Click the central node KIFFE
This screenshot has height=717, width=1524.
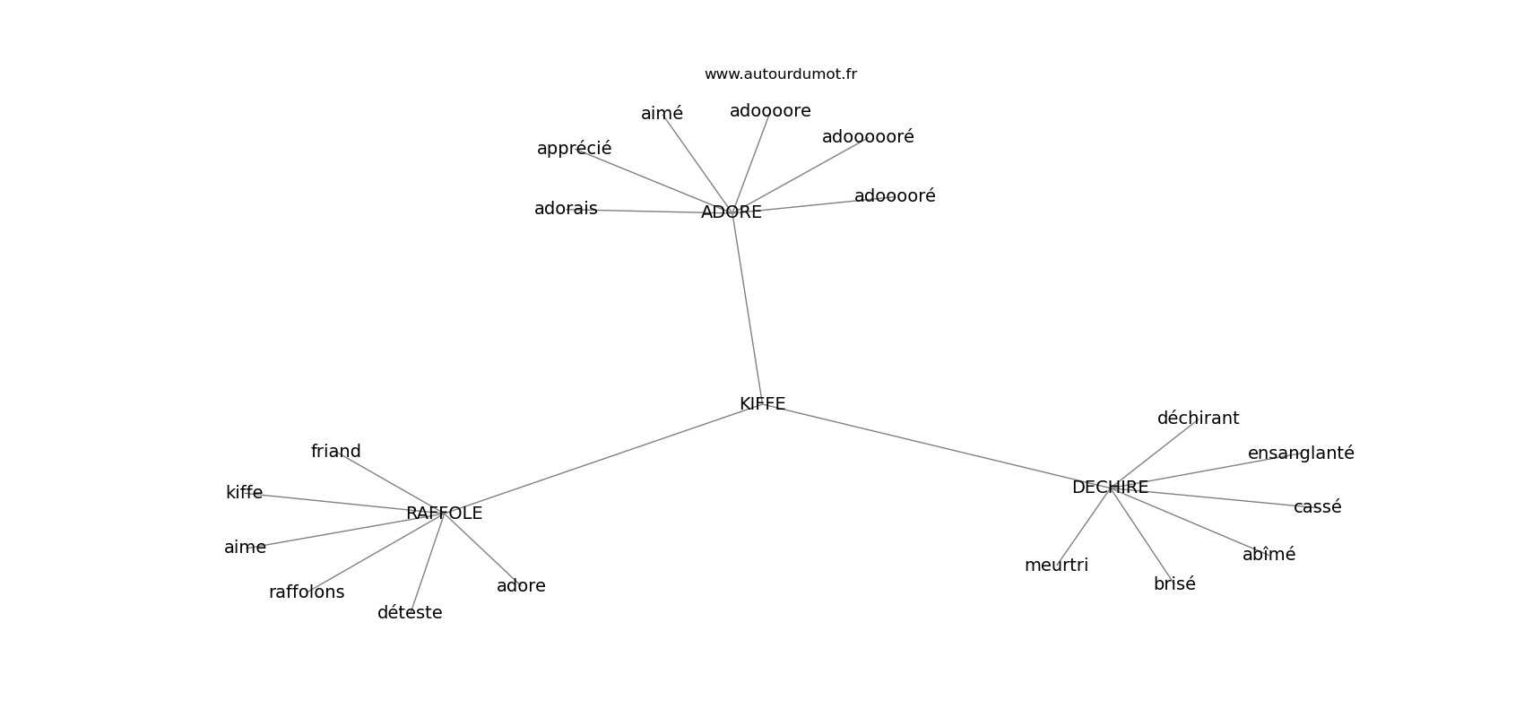tap(762, 404)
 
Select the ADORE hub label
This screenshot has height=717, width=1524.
tap(732, 212)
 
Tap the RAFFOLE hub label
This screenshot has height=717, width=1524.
tap(444, 514)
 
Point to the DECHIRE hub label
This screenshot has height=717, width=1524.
tap(1110, 488)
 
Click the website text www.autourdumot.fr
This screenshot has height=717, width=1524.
tap(780, 74)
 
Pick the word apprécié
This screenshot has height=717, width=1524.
tap(575, 148)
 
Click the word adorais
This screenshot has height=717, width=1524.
tap(566, 209)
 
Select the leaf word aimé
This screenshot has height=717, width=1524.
tap(662, 114)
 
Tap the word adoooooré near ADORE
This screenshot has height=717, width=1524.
tap(868, 137)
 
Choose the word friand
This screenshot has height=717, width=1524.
tap(335, 451)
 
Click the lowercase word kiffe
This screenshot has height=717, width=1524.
tap(244, 493)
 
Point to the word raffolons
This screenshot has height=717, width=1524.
tap(307, 592)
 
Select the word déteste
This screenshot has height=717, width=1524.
tap(410, 613)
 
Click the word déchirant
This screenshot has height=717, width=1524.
tap(1198, 419)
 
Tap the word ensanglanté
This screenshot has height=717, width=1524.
tap(1300, 454)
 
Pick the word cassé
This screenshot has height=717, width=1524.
tap(1317, 506)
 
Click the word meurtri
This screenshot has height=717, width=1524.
tap(1056, 566)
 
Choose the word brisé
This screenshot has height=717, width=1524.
tap(1174, 583)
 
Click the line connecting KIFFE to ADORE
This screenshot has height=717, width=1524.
tap(747, 307)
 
